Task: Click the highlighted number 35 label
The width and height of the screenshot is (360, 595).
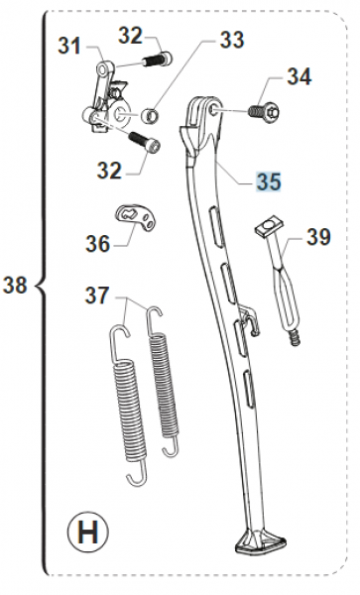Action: (x=269, y=181)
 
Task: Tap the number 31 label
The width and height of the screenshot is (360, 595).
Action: (x=69, y=46)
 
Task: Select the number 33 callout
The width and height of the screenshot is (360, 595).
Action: (x=232, y=40)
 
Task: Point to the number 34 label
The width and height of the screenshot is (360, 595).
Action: (x=300, y=76)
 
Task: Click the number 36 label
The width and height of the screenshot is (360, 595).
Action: (x=98, y=243)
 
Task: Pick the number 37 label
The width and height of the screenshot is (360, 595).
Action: (x=97, y=295)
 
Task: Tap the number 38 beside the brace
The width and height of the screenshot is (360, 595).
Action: (x=15, y=285)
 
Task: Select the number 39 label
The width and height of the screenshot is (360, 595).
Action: (x=318, y=237)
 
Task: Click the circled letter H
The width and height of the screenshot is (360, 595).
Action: (x=87, y=532)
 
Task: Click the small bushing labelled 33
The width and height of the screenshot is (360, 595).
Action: (x=149, y=115)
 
